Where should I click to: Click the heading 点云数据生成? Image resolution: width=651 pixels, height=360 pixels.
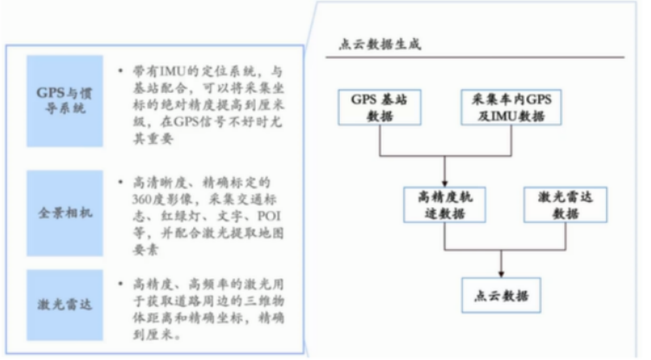(380, 43)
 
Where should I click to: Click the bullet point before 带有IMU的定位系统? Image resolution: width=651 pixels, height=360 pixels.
(119, 69)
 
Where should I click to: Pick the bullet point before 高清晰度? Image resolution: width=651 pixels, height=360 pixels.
(119, 182)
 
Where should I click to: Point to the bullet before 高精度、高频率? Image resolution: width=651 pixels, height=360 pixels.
(119, 284)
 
